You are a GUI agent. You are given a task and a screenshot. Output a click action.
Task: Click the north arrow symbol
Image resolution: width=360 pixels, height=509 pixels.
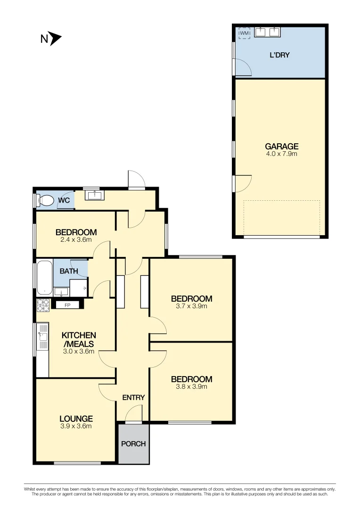(56, 39)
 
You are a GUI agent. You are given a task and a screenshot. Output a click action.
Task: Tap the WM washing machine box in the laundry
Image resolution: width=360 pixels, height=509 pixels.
(244, 33)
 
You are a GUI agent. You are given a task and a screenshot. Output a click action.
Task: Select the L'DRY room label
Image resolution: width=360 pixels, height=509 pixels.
(279, 55)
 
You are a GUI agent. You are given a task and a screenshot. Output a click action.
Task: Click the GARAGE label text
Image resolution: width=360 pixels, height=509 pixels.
(281, 147)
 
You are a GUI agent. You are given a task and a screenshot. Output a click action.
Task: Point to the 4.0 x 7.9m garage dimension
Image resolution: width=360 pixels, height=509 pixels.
(281, 154)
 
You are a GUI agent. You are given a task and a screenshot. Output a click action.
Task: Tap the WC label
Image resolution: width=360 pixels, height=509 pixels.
(64, 200)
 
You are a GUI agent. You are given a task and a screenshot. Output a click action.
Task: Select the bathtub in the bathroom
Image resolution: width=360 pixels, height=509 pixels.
(44, 278)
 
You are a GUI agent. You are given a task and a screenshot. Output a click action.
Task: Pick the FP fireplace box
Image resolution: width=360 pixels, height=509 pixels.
(67, 304)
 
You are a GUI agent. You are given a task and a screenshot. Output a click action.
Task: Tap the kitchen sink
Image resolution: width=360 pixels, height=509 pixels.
(43, 337)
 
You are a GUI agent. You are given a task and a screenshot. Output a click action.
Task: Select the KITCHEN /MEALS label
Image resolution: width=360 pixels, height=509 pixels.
(78, 339)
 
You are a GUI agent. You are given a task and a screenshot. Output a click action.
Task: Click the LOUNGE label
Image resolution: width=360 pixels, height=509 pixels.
(76, 419)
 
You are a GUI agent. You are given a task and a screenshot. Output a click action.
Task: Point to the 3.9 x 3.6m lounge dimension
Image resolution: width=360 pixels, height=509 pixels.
(76, 426)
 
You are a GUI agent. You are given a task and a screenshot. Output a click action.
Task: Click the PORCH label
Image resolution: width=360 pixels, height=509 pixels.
(133, 444)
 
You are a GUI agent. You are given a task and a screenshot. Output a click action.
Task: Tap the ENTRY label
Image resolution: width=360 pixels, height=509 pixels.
(133, 398)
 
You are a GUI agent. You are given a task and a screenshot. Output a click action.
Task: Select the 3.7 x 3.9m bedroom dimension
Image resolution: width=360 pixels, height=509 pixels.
(191, 306)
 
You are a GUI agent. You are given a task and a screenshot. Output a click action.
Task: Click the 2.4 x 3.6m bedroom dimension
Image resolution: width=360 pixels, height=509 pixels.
(76, 239)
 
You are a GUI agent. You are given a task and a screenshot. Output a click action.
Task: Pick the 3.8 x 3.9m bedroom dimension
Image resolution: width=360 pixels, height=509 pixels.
(191, 387)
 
